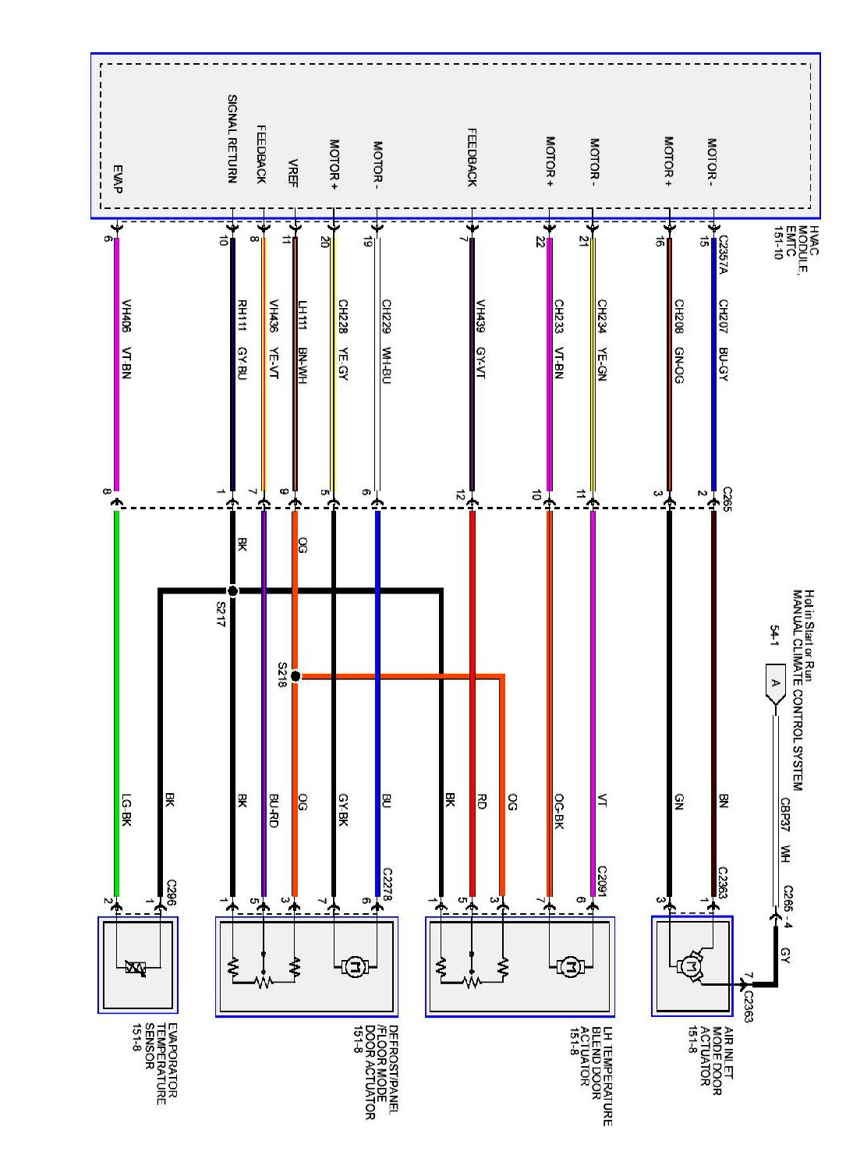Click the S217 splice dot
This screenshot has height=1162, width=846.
click(232, 591)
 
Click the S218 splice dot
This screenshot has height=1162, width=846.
click(296, 676)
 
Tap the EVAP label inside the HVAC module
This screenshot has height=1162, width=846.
click(118, 179)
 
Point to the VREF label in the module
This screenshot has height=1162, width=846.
click(293, 173)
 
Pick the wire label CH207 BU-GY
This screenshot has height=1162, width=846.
click(724, 339)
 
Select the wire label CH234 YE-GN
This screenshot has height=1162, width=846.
click(602, 339)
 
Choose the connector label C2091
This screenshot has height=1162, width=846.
click(602, 882)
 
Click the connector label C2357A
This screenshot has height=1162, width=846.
click(723, 254)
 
